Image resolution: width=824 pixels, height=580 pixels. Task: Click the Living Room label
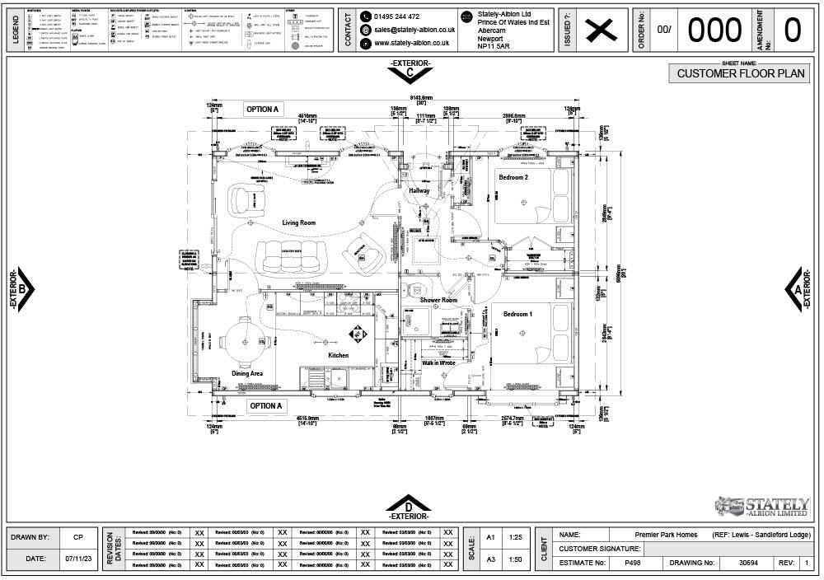298,222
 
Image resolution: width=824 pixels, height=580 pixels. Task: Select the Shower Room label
438,301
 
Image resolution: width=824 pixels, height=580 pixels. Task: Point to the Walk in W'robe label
438,362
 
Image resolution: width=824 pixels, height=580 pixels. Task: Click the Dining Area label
246,373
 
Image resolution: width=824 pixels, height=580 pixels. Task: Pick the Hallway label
419,191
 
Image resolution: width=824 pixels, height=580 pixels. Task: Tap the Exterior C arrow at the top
410,72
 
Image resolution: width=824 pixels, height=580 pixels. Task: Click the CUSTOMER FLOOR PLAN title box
739,73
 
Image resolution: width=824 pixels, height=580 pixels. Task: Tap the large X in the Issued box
601,30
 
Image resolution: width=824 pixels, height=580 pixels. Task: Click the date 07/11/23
77,559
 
